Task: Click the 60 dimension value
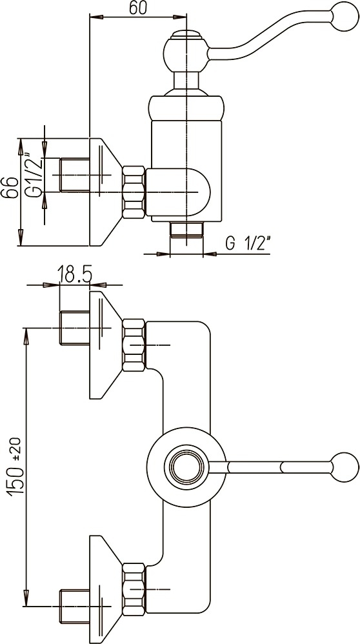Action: point(138,8)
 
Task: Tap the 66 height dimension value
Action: point(10,188)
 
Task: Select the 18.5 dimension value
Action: point(74,274)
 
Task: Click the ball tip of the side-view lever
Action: point(345,16)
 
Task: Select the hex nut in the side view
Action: point(134,192)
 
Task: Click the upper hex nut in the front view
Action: point(134,345)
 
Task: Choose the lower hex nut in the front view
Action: point(134,589)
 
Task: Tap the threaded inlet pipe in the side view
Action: point(75,175)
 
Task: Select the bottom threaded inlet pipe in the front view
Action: point(75,606)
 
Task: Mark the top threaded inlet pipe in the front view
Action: point(75,328)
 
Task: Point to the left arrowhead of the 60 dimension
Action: point(95,17)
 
